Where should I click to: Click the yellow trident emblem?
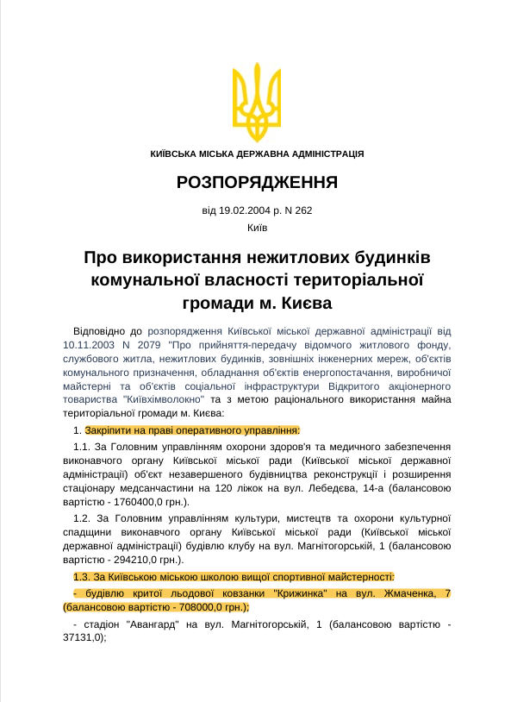[256, 103]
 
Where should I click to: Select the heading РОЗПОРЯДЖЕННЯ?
[256, 183]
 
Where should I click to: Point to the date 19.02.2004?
[244, 210]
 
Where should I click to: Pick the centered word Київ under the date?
[256, 228]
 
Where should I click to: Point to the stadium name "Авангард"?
[155, 624]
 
